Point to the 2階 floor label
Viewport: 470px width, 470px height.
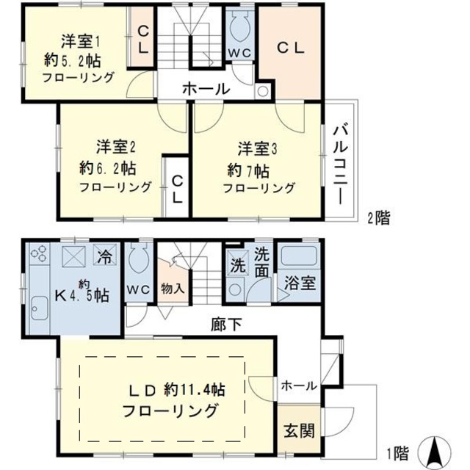[x=378, y=217]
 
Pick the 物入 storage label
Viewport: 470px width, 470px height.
[x=172, y=289]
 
